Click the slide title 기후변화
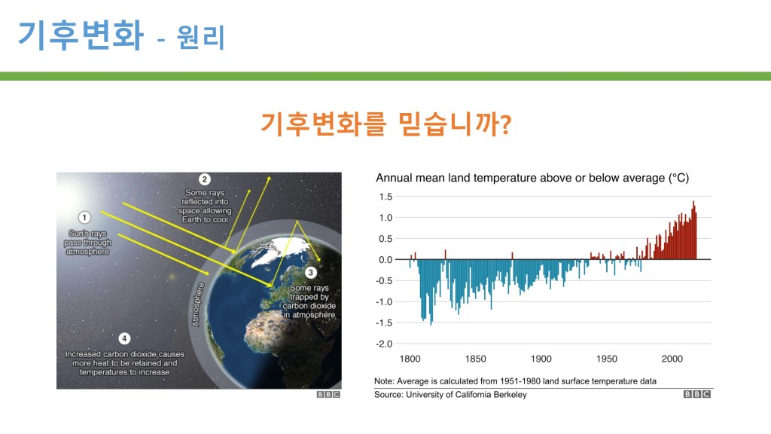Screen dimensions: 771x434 [81, 35]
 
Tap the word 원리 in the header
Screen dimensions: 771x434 [200, 38]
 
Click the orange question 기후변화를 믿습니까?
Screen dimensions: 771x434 [386, 124]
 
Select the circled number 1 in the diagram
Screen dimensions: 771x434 [84, 217]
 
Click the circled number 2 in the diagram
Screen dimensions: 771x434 [205, 179]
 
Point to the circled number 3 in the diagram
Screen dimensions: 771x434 [310, 273]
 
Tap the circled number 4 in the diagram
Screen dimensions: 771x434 [124, 338]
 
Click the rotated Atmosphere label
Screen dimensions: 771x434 [198, 304]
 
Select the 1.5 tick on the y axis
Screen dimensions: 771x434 [385, 197]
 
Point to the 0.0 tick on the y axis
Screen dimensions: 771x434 [385, 260]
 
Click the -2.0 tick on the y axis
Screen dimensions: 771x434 [384, 344]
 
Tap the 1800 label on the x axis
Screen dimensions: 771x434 [410, 359]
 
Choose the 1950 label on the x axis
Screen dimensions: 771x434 [607, 359]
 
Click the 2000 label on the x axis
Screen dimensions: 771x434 [672, 359]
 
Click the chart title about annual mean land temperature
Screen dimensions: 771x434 [532, 178]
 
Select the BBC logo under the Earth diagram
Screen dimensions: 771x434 [328, 395]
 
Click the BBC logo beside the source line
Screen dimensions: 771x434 [697, 394]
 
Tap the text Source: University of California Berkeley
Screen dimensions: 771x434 [450, 395]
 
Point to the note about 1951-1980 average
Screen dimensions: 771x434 [515, 381]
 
